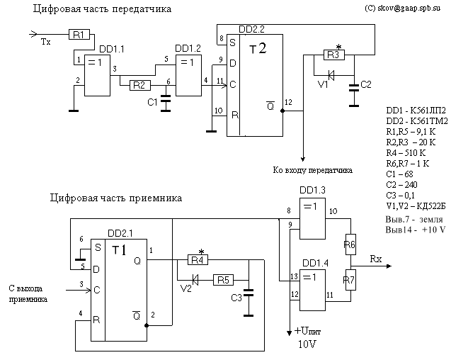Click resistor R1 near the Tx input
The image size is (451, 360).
pyautogui.click(x=79, y=34)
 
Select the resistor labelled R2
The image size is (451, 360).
pyautogui.click(x=139, y=86)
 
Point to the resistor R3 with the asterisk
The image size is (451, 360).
pyautogui.click(x=333, y=55)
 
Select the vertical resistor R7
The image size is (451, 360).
pyautogui.click(x=349, y=279)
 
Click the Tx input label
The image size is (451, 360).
pyautogui.click(x=46, y=43)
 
